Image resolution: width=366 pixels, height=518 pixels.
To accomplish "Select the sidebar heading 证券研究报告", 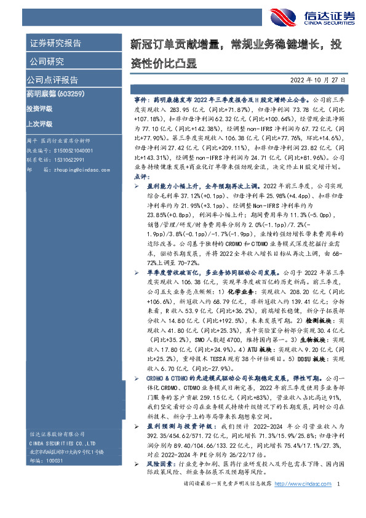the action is point(55,43).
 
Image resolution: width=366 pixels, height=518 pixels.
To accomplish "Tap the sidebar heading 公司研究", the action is point(46,61).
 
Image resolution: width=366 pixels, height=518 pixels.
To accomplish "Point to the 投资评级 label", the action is point(39,108).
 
